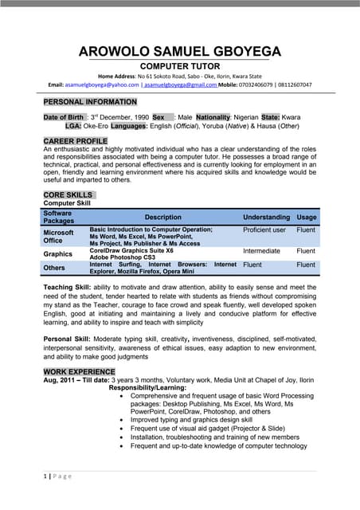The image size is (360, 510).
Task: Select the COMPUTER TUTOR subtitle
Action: [179, 69]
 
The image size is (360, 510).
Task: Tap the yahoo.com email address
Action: [93, 84]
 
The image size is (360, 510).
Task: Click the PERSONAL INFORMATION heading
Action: [90, 102]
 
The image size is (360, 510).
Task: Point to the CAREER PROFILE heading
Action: [76, 141]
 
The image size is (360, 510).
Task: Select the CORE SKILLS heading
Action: [68, 194]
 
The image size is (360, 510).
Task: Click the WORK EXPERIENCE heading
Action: [79, 371]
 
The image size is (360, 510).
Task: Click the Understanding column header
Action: [266, 217]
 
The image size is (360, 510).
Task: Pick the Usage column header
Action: [306, 217]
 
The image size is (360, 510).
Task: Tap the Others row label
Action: [54, 268]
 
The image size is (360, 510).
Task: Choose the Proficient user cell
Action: [264, 229]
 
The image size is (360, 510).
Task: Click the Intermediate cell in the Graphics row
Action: [261, 251]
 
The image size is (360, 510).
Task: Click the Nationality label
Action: [213, 117]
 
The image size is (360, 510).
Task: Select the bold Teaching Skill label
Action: [67, 287]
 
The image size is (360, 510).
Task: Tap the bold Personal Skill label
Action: [67, 339]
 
